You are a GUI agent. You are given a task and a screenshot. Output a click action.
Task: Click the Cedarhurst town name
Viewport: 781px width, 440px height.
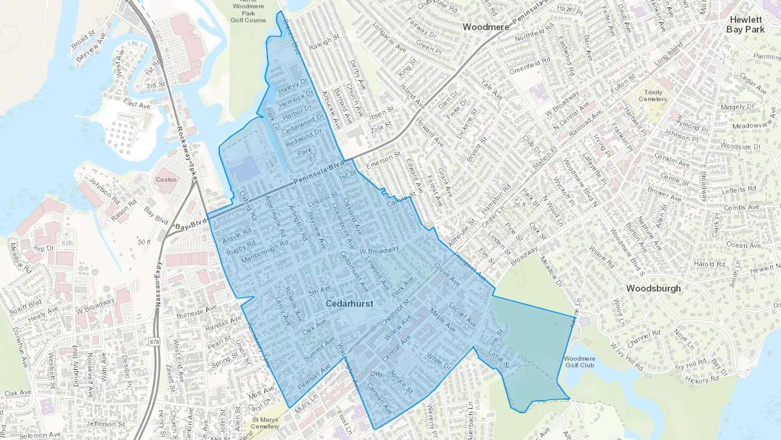349,304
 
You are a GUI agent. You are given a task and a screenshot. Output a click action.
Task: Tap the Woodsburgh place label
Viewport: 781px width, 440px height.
653,288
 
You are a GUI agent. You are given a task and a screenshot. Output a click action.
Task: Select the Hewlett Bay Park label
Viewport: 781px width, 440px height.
745,25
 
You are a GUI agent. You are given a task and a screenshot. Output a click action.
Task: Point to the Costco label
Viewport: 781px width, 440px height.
166,179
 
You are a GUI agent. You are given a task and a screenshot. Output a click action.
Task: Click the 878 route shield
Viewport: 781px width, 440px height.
154,342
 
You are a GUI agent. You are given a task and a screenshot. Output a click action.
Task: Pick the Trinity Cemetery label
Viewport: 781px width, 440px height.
653,96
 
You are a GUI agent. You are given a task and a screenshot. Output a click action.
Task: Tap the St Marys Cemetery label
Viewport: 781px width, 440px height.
265,423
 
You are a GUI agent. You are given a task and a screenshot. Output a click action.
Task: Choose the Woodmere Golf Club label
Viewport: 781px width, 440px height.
580,362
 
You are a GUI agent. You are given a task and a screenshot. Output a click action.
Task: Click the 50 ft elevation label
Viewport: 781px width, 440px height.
144,242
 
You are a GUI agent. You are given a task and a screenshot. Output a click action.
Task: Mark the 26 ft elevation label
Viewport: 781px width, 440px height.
519,205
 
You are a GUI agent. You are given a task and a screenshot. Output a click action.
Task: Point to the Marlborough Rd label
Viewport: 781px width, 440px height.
265,251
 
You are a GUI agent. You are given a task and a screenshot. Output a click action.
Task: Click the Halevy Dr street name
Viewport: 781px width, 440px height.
293,86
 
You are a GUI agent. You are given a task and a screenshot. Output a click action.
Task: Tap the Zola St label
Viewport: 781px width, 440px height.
381,127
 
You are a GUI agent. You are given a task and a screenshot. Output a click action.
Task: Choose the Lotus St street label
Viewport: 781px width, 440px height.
498,359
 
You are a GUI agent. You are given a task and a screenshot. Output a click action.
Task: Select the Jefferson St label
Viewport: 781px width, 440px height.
105,424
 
